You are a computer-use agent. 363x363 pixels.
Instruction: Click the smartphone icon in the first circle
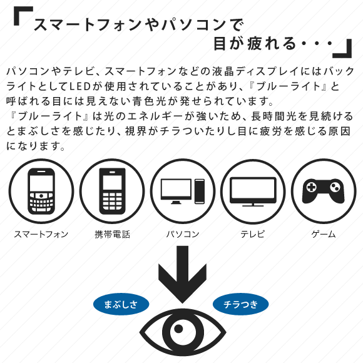(41, 192)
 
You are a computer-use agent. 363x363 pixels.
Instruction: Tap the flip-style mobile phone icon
(112, 192)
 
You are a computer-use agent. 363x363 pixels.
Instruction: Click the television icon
(253, 192)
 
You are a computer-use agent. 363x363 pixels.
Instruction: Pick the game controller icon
(324, 191)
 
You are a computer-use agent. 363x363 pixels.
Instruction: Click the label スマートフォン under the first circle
(41, 234)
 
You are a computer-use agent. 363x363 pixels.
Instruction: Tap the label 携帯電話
(112, 234)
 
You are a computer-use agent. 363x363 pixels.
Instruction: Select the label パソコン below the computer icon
(183, 234)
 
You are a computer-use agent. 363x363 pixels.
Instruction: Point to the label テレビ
(253, 234)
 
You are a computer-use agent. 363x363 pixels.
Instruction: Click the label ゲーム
(324, 234)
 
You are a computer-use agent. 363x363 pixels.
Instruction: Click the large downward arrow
(182, 274)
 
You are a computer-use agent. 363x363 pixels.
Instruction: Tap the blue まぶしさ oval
(121, 304)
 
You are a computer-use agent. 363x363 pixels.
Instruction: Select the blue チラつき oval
(241, 304)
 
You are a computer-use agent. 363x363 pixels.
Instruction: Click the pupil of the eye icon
(178, 329)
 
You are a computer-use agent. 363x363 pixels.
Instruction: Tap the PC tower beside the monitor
(199, 192)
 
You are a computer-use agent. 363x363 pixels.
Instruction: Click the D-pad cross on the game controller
(312, 187)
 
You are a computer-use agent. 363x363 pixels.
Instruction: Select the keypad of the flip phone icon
(112, 200)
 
